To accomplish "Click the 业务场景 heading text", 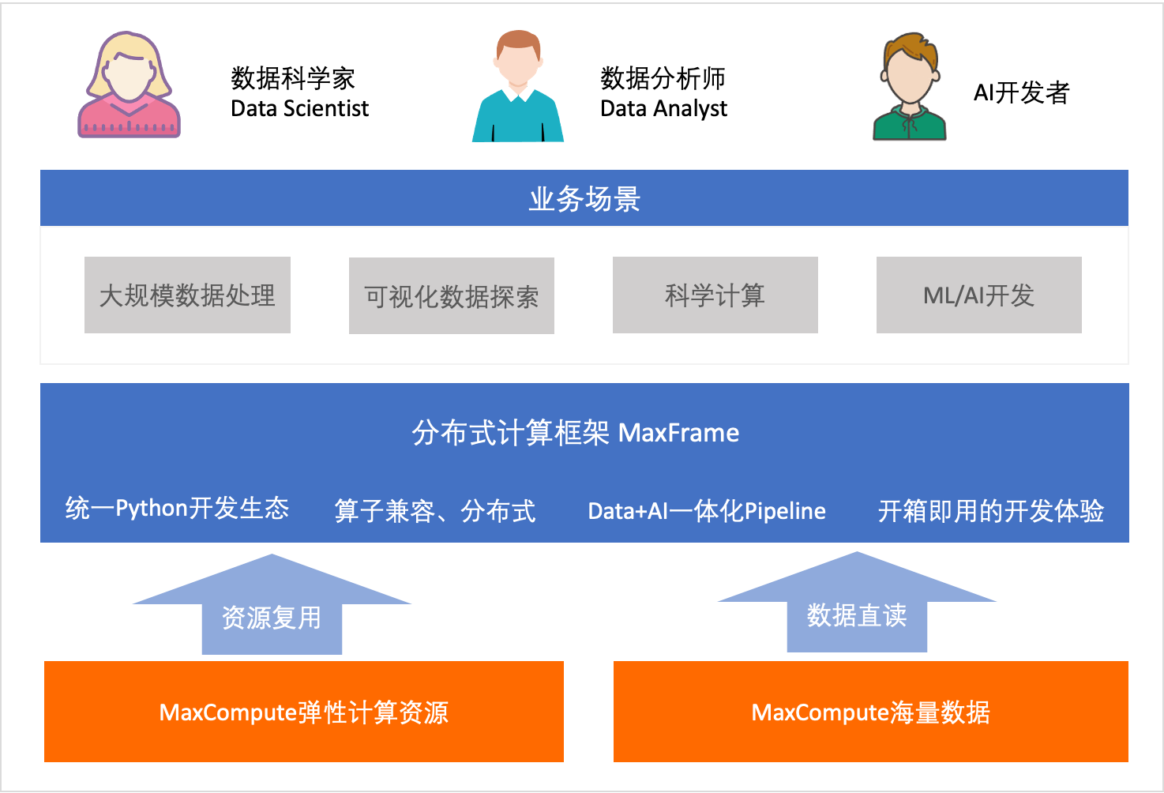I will pyautogui.click(x=584, y=199).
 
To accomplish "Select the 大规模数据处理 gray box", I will pyautogui.click(x=187, y=295).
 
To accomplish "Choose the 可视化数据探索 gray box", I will pyautogui.click(x=451, y=296).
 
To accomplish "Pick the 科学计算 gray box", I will pyautogui.click(x=715, y=295).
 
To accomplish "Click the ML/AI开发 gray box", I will pyautogui.click(x=978, y=295).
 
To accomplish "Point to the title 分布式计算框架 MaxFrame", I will pyautogui.click(x=575, y=433).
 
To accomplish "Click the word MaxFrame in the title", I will pyautogui.click(x=678, y=433).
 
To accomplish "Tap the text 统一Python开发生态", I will pyautogui.click(x=177, y=508).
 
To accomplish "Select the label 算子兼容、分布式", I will pyautogui.click(x=435, y=511).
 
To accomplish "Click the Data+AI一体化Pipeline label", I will pyautogui.click(x=707, y=511).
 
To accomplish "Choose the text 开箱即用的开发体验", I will pyautogui.click(x=990, y=511).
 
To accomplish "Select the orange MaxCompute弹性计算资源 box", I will pyautogui.click(x=304, y=712).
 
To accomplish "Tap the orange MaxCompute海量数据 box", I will pyautogui.click(x=870, y=712).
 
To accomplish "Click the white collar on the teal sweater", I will pyautogui.click(x=518, y=94).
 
